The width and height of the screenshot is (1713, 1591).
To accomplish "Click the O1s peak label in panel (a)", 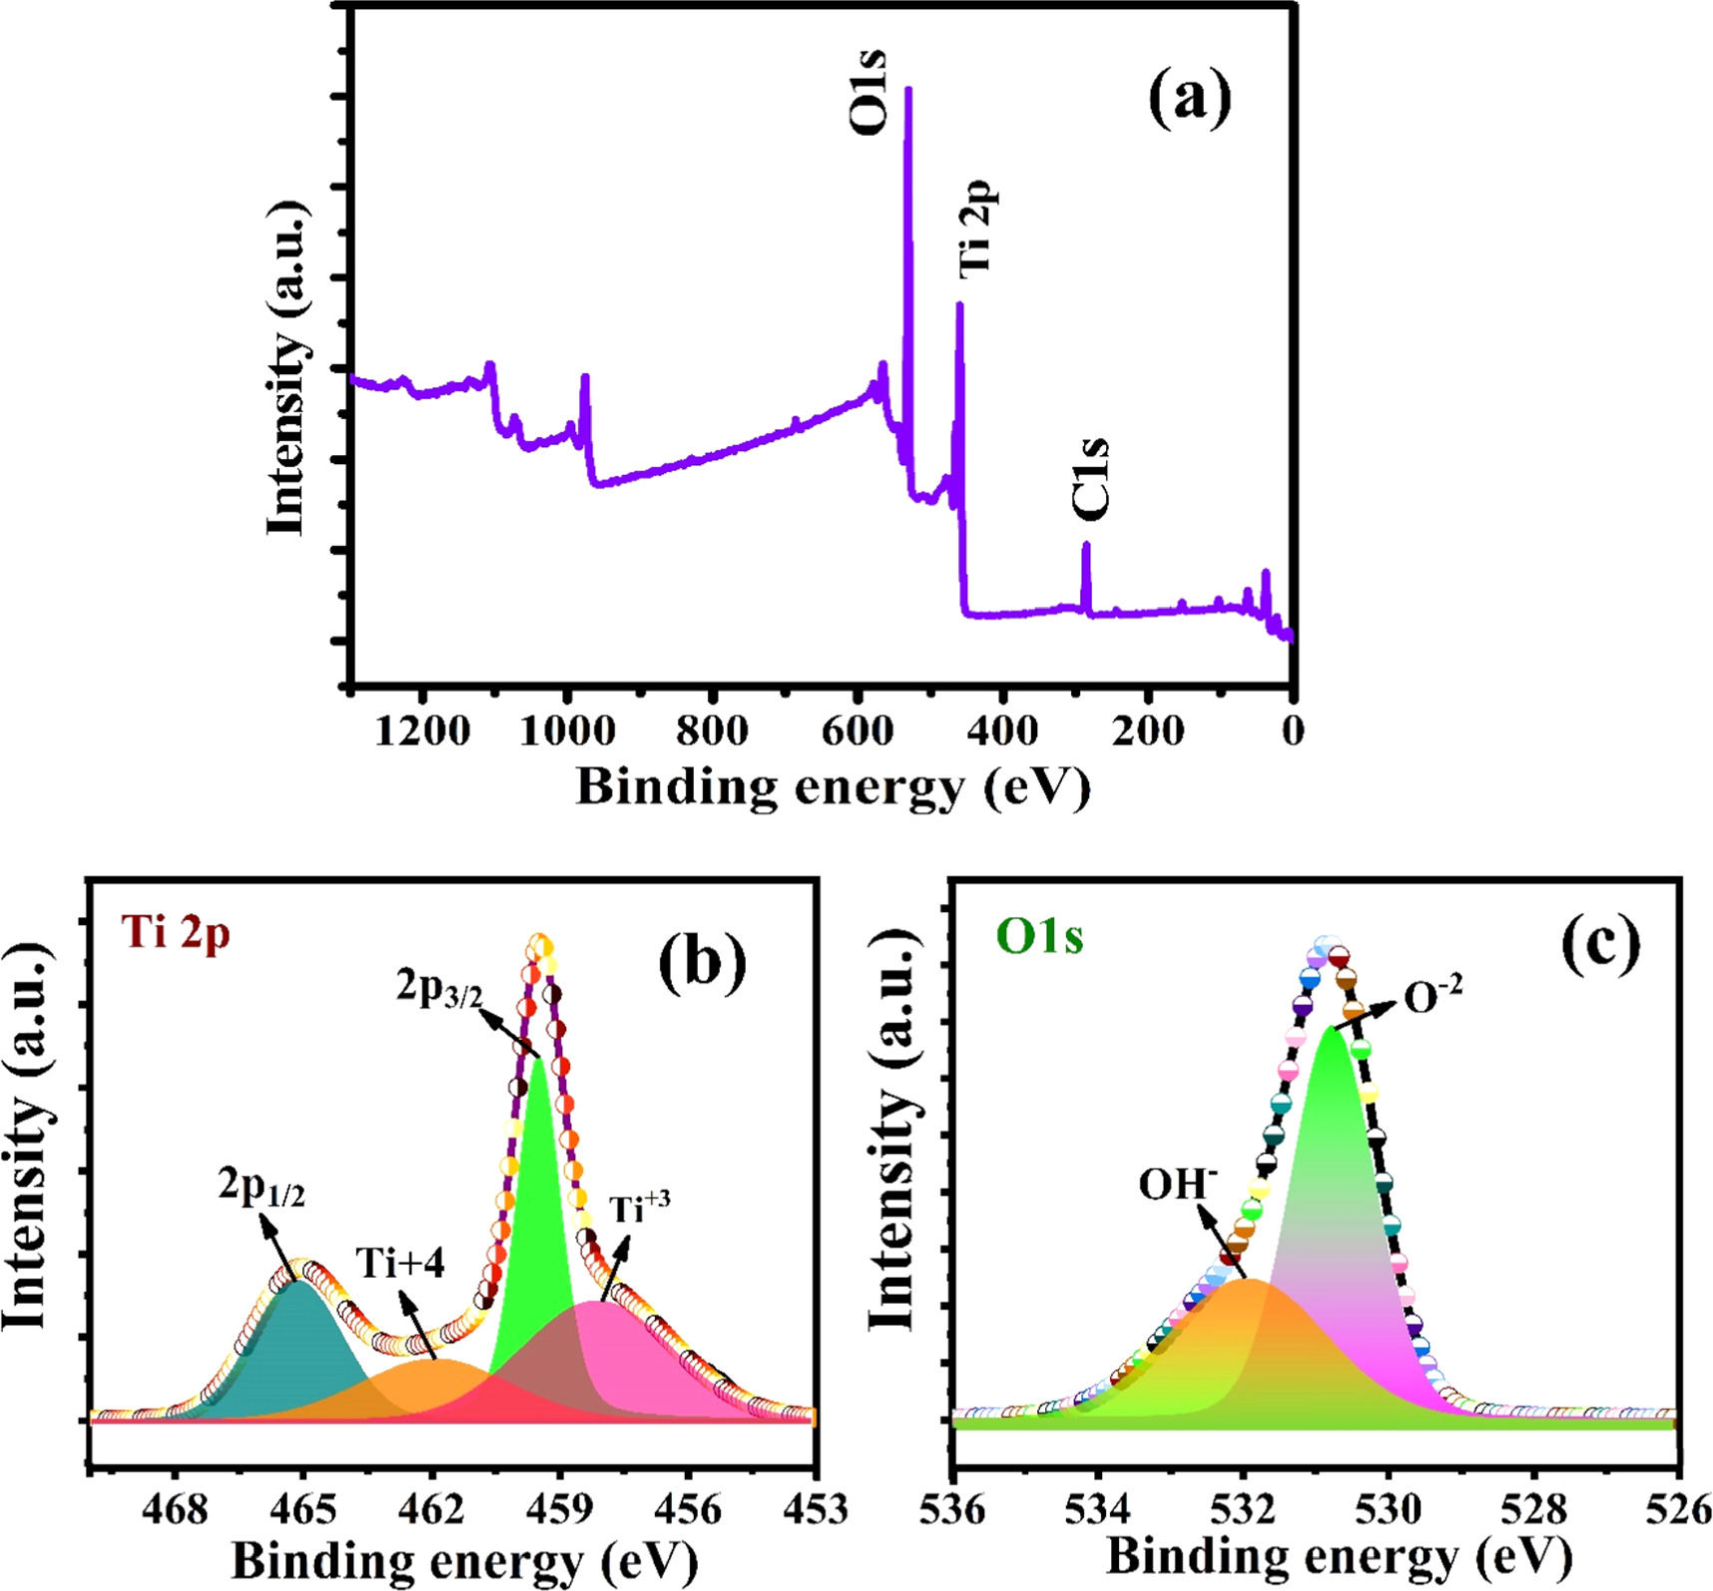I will click(866, 92).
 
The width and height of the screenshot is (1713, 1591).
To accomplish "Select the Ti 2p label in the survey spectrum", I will click(975, 227).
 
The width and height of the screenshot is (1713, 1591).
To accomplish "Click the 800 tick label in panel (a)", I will click(712, 733).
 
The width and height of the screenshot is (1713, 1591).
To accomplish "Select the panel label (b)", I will click(702, 963).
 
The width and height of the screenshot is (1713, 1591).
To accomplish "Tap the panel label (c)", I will click(1601, 943).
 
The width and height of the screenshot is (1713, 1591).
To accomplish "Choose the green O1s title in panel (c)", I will click(1039, 937).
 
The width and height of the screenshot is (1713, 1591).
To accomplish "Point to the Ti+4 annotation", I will click(400, 1264).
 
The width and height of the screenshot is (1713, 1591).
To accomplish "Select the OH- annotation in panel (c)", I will click(1177, 1184).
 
